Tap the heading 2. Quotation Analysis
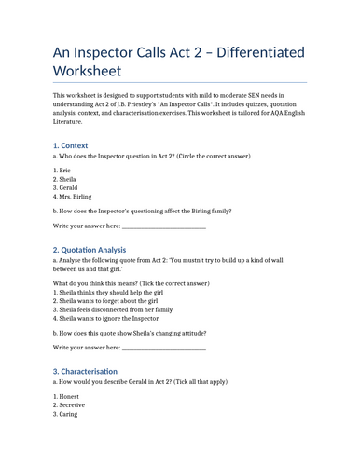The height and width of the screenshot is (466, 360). point(89,249)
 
